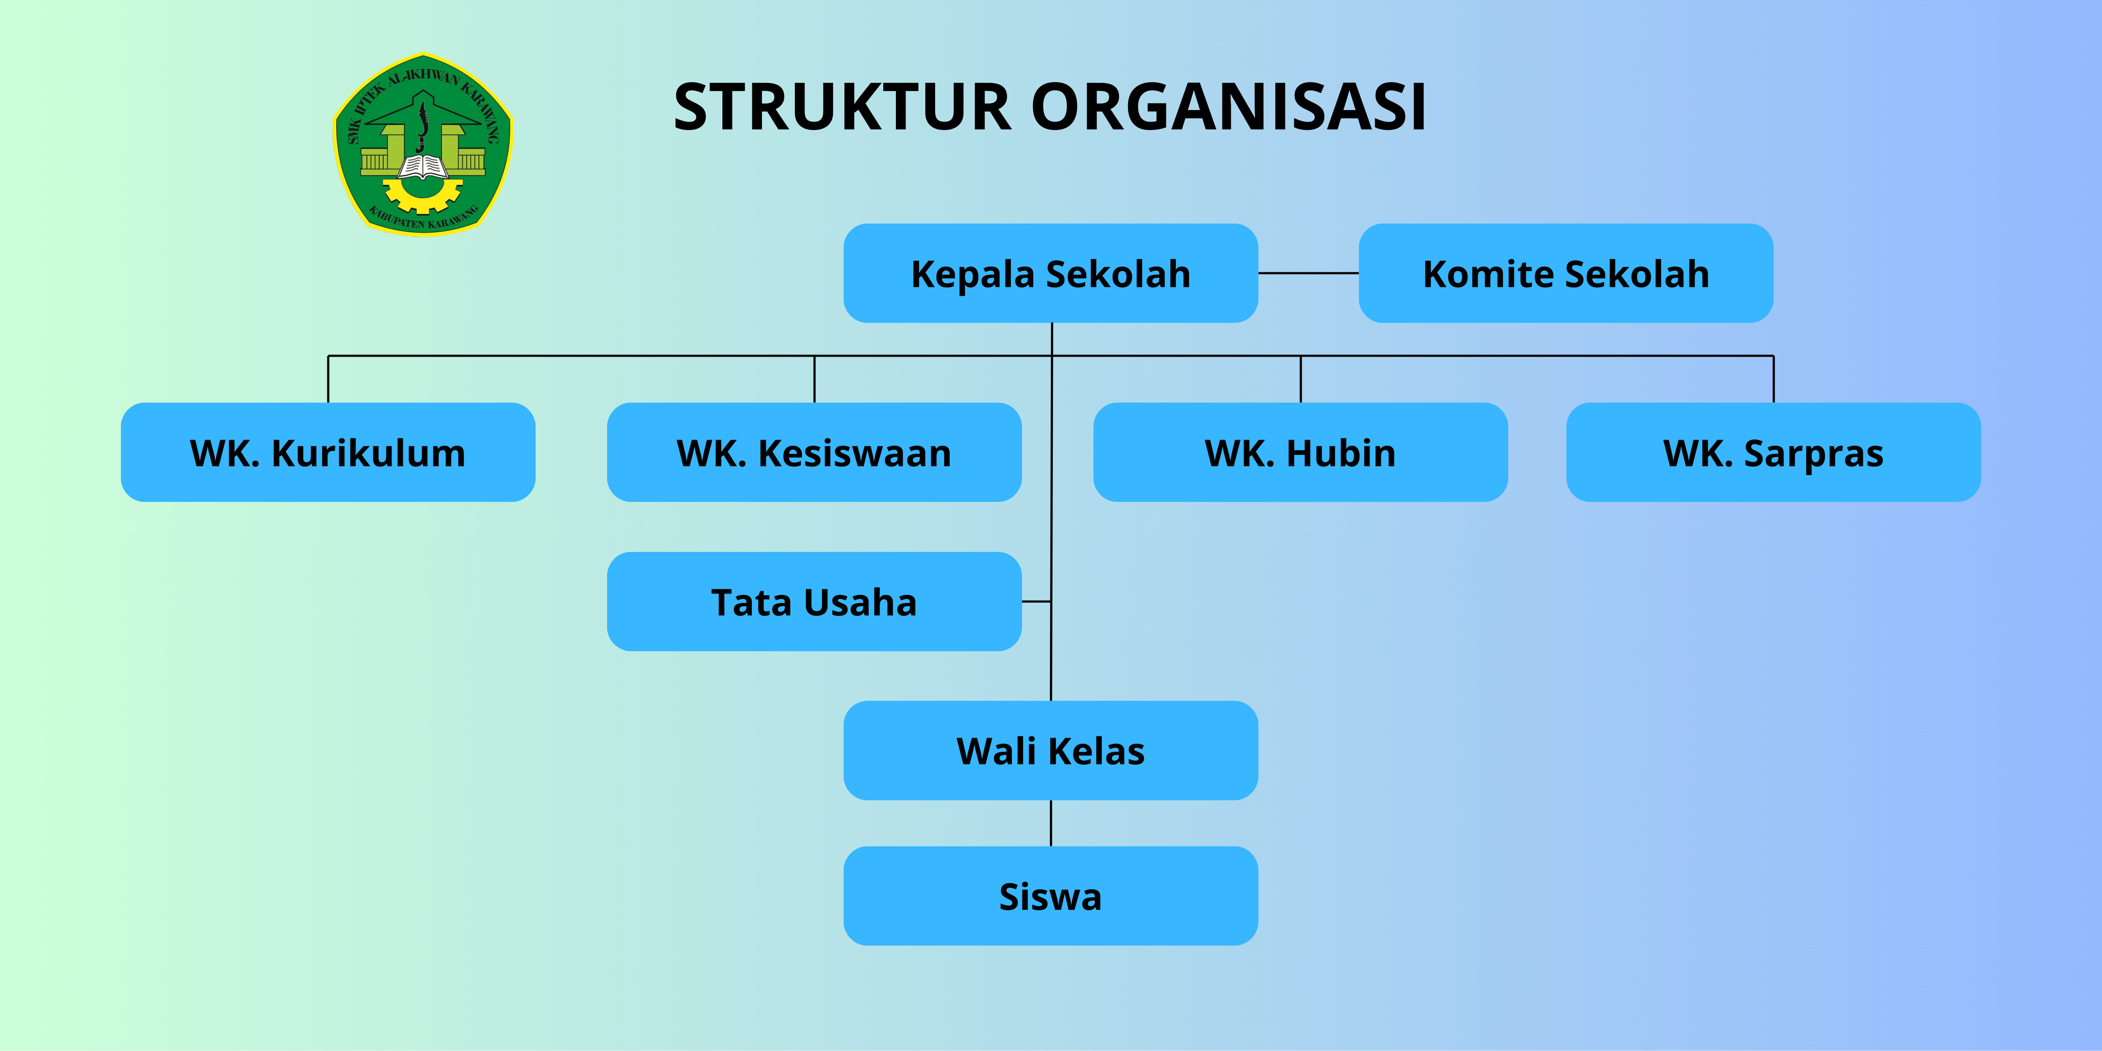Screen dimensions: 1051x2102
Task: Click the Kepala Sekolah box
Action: (x=1050, y=273)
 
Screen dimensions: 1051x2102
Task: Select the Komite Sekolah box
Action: (x=1565, y=273)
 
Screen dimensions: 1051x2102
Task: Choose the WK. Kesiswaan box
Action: (x=814, y=452)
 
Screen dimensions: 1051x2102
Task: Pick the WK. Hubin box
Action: (x=1300, y=452)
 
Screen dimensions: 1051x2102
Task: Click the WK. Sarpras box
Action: (x=1773, y=452)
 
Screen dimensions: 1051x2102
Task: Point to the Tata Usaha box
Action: (x=814, y=602)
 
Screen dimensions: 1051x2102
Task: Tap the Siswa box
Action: (x=1050, y=896)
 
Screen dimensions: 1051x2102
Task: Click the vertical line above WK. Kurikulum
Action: (x=328, y=379)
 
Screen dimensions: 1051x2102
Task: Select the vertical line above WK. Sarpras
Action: (x=1773, y=379)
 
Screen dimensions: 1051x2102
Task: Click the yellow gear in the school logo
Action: (x=422, y=196)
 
